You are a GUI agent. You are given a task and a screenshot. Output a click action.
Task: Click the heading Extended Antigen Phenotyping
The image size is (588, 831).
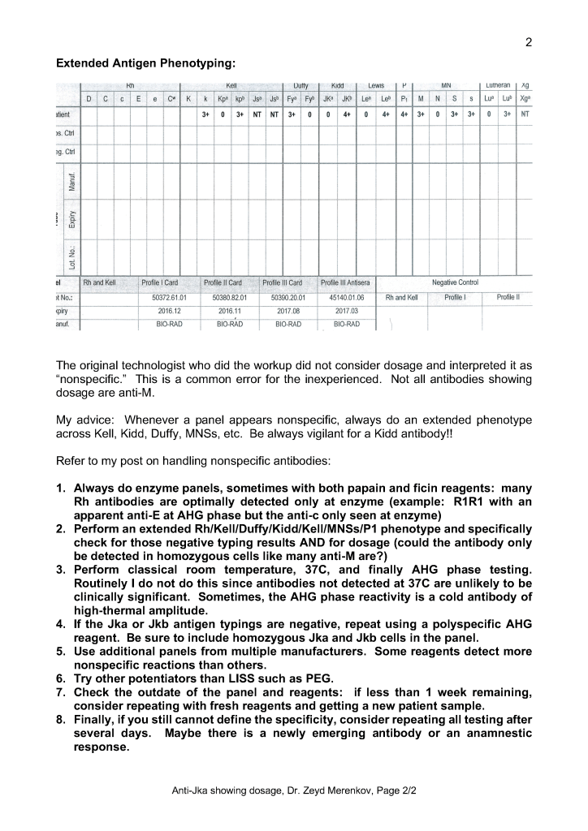(x=146, y=62)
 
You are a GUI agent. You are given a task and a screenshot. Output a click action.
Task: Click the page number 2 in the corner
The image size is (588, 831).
(x=528, y=43)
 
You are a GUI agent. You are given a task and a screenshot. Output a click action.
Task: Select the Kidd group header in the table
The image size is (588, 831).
(x=338, y=85)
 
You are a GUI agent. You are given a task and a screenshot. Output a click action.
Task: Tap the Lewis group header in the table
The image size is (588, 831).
(x=375, y=85)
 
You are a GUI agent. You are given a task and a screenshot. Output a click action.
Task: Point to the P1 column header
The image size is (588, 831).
(x=404, y=99)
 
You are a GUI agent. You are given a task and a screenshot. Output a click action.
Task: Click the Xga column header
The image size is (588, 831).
(x=525, y=99)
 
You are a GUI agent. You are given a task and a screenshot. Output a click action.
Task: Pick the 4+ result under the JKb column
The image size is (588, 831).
(x=347, y=114)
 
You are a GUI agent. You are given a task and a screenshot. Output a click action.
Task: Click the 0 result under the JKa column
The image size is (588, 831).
(x=327, y=114)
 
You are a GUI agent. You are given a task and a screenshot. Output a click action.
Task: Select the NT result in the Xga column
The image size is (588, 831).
(x=525, y=114)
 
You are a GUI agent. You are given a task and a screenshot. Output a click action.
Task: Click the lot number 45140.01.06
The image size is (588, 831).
(x=347, y=298)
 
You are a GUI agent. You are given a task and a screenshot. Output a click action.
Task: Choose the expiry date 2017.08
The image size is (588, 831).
(x=288, y=311)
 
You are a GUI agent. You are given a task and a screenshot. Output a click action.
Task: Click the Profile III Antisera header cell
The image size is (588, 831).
(x=345, y=283)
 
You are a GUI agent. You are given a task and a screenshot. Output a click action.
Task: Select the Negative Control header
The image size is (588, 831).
(x=455, y=282)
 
